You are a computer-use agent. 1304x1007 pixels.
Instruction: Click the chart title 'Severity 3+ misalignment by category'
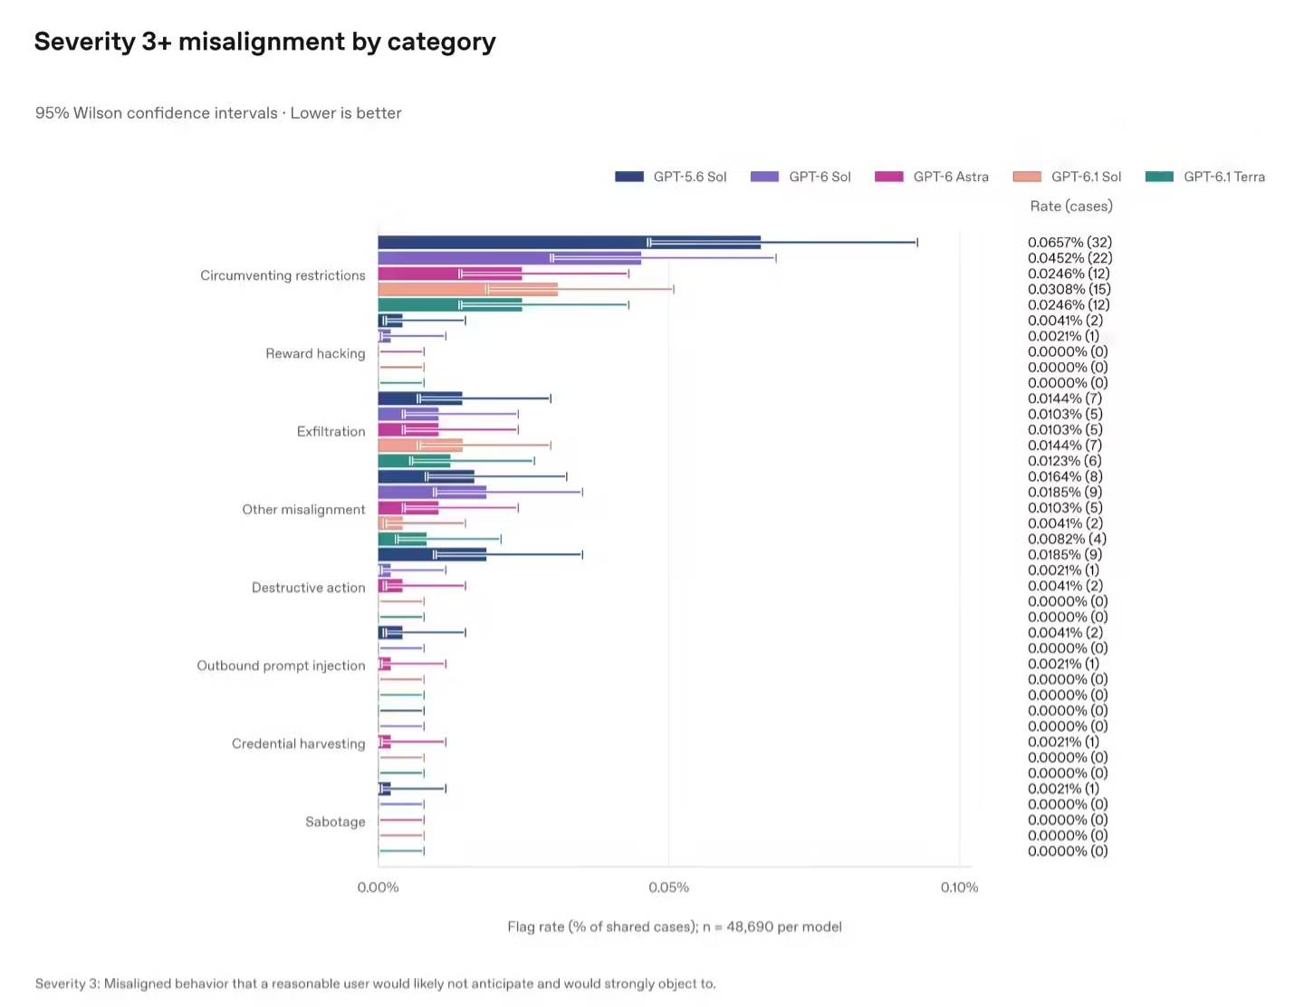click(264, 42)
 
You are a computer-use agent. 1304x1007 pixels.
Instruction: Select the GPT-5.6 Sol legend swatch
click(628, 177)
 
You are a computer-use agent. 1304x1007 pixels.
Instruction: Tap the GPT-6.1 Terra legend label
click(1223, 177)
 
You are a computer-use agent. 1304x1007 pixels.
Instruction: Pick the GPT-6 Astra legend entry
click(931, 177)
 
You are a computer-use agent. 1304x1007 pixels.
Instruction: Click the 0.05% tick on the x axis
click(668, 887)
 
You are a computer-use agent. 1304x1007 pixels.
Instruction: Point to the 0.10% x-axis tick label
click(959, 887)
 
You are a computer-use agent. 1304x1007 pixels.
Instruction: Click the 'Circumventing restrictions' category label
click(283, 275)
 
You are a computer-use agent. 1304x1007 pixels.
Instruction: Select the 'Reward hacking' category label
click(315, 353)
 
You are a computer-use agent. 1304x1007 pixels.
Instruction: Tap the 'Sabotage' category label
click(335, 821)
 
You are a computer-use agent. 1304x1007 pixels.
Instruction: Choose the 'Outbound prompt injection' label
click(281, 666)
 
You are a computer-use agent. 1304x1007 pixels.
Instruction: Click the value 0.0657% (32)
click(1069, 242)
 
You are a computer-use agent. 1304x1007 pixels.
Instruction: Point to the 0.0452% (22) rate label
click(1069, 257)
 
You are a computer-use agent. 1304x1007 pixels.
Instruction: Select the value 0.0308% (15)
click(1069, 289)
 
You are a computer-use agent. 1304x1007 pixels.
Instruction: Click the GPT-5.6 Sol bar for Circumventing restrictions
click(569, 242)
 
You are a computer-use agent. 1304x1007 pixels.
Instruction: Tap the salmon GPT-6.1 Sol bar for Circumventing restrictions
click(467, 289)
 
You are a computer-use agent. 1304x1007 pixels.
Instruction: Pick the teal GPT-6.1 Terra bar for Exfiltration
click(414, 460)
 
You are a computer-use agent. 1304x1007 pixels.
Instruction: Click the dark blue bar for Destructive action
click(432, 554)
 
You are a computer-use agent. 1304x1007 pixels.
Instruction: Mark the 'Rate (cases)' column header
click(1071, 206)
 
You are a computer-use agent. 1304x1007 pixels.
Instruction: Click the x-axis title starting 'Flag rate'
click(675, 926)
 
